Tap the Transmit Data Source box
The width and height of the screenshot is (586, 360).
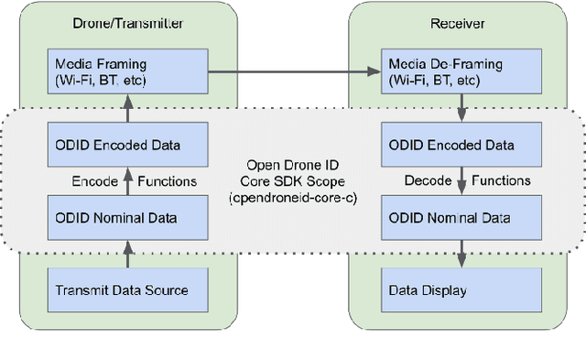[x=124, y=290]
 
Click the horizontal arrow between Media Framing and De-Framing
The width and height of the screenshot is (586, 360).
[x=293, y=71]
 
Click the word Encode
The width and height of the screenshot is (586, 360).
[x=95, y=181]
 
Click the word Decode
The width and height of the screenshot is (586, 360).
[x=429, y=181]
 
